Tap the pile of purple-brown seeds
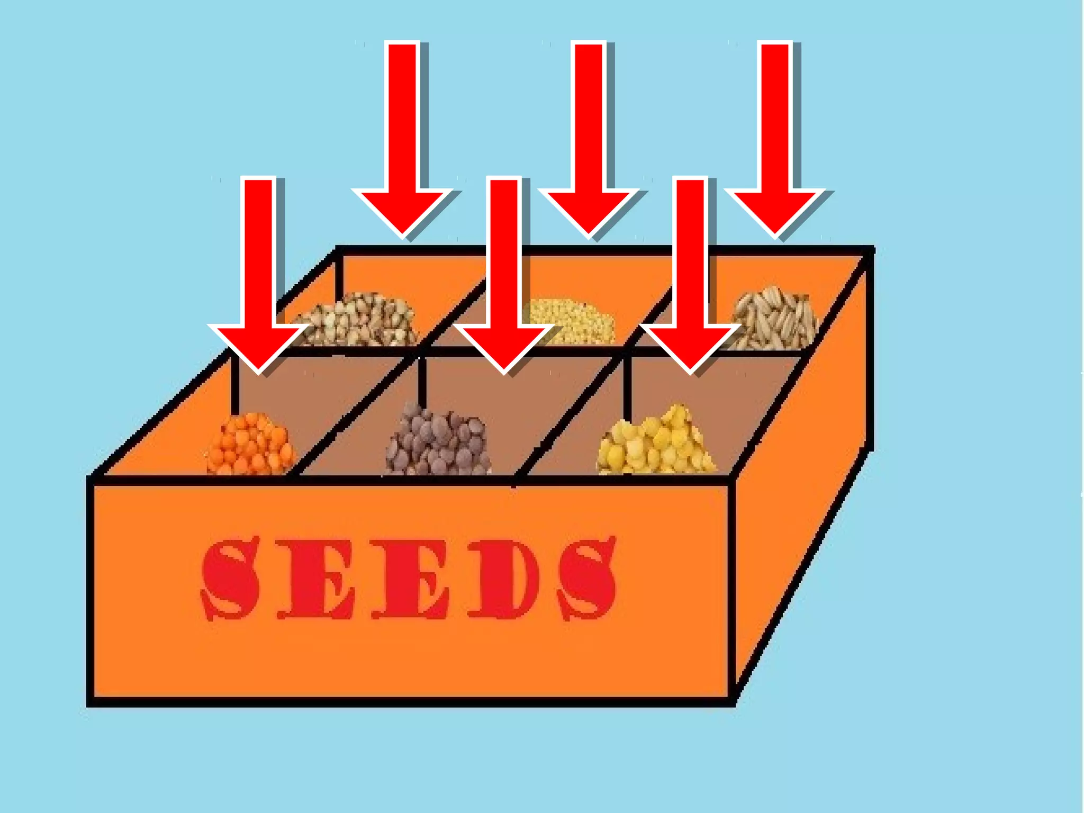[438, 442]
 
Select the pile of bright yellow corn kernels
[656, 442]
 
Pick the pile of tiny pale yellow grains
[572, 320]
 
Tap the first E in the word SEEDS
[316, 579]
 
